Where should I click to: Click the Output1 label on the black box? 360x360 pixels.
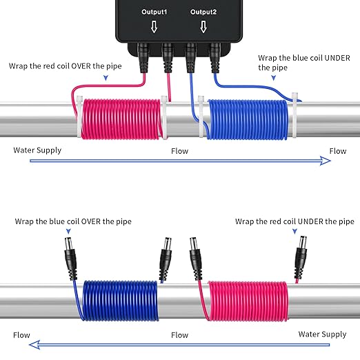154,12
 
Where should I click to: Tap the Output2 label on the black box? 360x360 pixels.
203,12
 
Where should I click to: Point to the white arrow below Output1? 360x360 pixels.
154,27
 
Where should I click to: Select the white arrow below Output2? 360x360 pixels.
203,27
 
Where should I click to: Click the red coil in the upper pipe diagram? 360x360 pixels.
121,119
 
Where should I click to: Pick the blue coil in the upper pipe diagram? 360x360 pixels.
248,119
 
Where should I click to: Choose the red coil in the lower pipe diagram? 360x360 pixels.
248,301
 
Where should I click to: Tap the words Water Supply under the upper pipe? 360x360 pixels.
37,150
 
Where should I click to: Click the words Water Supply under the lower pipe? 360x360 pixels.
322,334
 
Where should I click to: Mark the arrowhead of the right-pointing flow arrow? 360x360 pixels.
326,161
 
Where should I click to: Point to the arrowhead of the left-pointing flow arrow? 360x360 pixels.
34,345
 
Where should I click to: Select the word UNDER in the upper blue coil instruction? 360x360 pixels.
337,58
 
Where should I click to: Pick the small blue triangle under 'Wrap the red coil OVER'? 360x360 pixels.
106,78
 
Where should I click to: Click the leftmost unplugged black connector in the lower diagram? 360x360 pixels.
70,259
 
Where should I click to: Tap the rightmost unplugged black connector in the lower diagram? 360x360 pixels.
301,257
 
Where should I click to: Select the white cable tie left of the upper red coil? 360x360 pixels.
79,117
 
